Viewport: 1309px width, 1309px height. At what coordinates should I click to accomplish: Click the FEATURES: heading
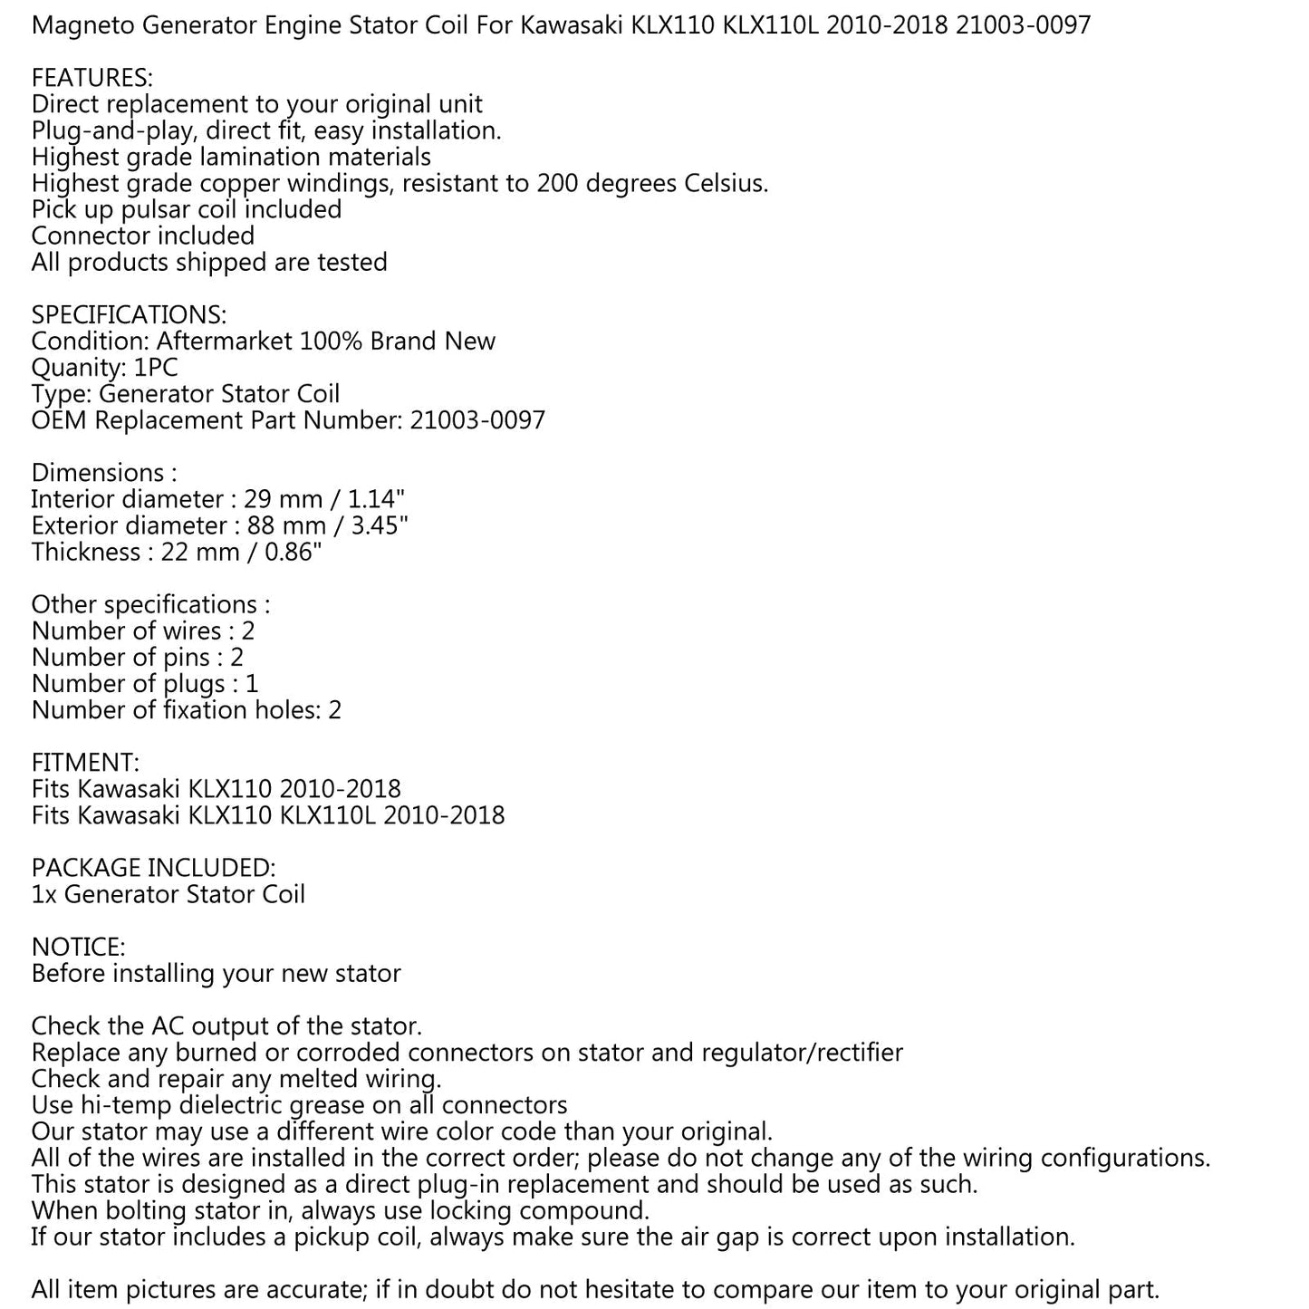pos(91,78)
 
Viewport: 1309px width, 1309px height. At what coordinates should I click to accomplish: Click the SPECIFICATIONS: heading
pos(129,315)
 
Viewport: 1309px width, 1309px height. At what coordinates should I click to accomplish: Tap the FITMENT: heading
pos(85,763)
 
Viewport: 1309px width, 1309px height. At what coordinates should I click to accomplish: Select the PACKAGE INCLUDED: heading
pos(153,868)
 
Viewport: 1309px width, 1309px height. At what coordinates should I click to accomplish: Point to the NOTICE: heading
pos(78,948)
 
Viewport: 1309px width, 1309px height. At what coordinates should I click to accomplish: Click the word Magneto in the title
pos(82,25)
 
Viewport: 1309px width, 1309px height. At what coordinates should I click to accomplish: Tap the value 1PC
pos(156,368)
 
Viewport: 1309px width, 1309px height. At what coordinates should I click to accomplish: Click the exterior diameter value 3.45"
pos(380,525)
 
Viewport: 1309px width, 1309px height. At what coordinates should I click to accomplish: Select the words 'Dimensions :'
pos(103,473)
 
